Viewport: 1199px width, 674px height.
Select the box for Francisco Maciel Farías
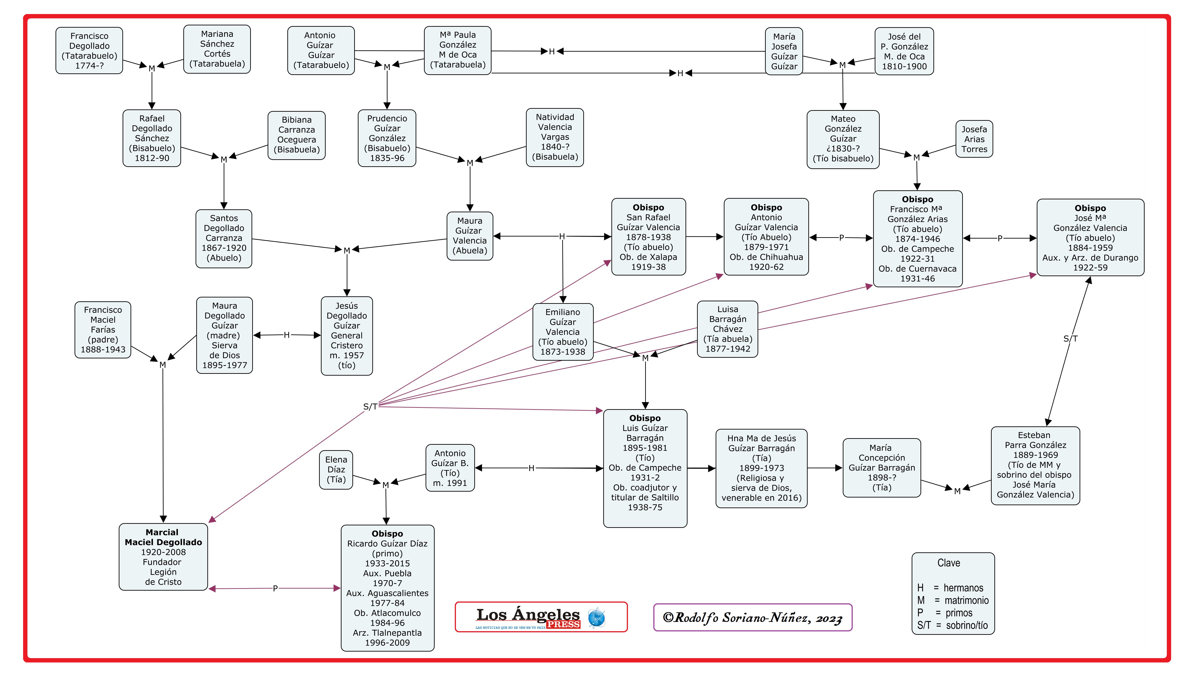[x=103, y=330]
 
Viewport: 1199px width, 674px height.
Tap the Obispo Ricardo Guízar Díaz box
[x=387, y=588]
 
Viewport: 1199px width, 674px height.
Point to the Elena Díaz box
[x=336, y=470]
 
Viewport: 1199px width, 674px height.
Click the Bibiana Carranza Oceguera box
[x=296, y=135]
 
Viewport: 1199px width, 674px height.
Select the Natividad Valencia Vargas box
[x=555, y=137]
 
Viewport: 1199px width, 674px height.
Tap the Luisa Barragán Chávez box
[x=727, y=329]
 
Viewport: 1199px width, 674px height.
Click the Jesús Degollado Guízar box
[x=347, y=336]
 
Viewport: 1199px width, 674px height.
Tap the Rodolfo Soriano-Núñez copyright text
[x=753, y=618]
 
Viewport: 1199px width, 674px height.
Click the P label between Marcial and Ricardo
[x=275, y=588]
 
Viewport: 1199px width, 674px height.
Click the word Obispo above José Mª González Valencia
[x=1090, y=208]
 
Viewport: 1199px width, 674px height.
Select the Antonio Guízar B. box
[x=450, y=468]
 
